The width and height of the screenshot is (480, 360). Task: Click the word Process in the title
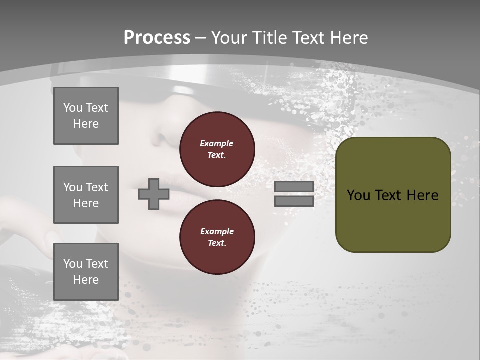[157, 38]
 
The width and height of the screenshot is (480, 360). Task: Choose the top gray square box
[86, 116]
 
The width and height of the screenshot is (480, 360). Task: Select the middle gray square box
[86, 195]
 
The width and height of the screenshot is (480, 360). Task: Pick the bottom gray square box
[86, 272]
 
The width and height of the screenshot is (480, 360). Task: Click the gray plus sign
[154, 194]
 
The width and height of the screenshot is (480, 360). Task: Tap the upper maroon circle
[217, 149]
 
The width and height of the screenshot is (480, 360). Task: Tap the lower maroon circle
[217, 237]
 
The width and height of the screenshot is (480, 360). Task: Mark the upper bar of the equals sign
[294, 187]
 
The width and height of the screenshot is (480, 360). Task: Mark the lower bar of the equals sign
[294, 201]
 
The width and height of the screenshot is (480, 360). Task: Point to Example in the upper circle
[217, 143]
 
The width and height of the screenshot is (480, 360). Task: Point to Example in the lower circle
[217, 231]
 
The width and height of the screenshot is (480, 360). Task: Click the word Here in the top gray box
[86, 124]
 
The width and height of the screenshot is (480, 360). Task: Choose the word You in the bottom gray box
[73, 264]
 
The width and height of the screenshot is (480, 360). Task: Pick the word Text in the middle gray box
[97, 187]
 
